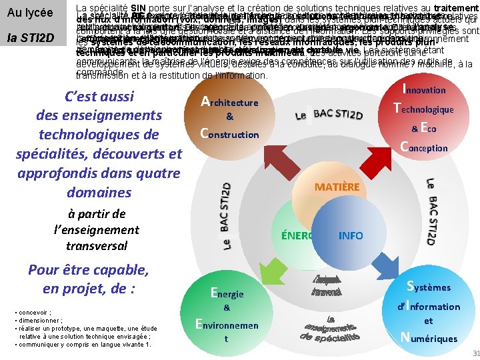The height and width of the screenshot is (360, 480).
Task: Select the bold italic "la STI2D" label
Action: coord(30,37)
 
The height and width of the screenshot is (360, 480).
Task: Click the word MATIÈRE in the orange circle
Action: coord(337,188)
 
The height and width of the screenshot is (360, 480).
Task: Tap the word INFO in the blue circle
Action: coord(351,235)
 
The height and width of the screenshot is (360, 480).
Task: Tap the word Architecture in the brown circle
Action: coord(230,102)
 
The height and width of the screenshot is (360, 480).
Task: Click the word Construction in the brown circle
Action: coord(230,133)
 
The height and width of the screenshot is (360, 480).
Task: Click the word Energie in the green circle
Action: coord(227,293)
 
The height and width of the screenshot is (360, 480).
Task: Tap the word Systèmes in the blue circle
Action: coord(433,287)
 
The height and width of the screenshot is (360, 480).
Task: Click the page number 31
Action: coord(474,353)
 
